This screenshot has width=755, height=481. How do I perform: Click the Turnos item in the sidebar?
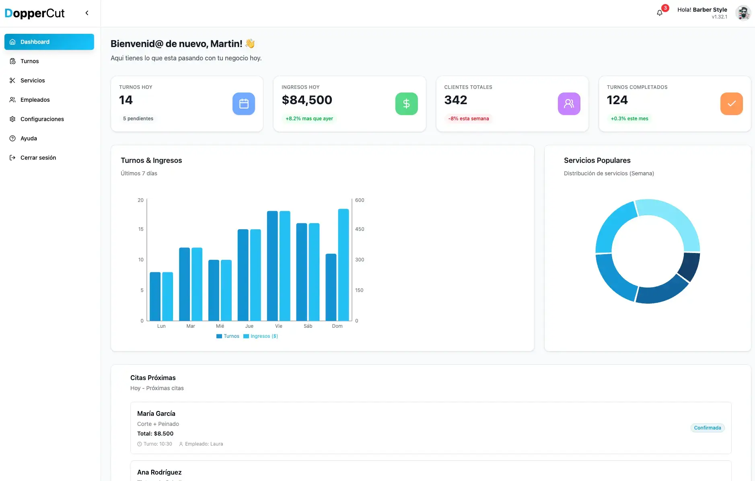tap(29, 61)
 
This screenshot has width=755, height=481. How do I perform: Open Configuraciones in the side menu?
tap(42, 119)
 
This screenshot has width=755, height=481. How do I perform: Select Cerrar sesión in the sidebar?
tap(38, 158)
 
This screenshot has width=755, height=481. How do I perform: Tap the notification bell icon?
tap(660, 13)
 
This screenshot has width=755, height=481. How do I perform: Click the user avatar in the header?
tap(743, 13)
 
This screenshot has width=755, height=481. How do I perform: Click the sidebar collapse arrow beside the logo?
tap(87, 13)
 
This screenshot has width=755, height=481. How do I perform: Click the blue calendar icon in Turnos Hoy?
tap(244, 104)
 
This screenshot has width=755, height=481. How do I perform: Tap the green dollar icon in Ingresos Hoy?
tap(406, 104)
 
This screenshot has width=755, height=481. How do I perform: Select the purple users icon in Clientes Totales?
tap(569, 104)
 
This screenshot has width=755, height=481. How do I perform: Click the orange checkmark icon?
tap(731, 104)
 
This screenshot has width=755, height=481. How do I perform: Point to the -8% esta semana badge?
tap(469, 119)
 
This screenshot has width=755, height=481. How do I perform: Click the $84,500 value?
tap(307, 100)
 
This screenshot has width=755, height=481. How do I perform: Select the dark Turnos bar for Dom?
tap(331, 287)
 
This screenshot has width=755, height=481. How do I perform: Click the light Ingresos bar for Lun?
tap(168, 296)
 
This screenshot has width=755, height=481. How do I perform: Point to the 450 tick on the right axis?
tap(360, 229)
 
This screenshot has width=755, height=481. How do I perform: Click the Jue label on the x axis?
tap(249, 326)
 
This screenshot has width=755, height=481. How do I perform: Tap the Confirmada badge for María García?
tap(707, 428)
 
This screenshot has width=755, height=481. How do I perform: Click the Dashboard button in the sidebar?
tap(49, 42)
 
